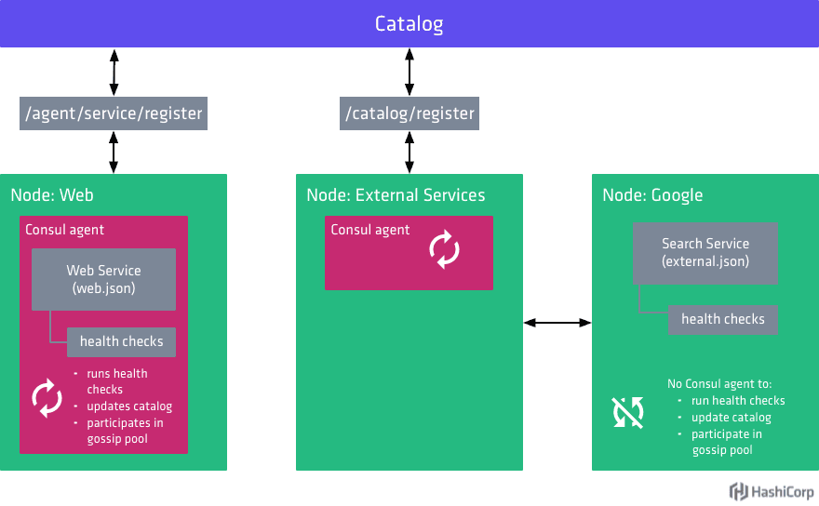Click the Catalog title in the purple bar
(x=409, y=23)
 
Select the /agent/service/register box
(x=114, y=113)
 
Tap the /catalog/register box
(x=409, y=113)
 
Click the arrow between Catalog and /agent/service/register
(x=114, y=72)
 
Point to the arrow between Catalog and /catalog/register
(x=409, y=72)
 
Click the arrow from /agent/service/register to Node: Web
(x=114, y=152)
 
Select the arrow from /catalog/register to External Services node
(x=409, y=152)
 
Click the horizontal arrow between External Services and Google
(x=557, y=323)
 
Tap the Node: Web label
(x=52, y=195)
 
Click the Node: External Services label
(x=396, y=195)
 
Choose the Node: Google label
(x=652, y=195)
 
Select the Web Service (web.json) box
(x=103, y=279)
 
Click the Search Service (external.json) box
(x=705, y=252)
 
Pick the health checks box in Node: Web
(x=121, y=341)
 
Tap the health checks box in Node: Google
(x=722, y=319)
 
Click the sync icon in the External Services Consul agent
(x=444, y=250)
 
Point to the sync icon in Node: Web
(x=47, y=398)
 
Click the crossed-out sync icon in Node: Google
(x=627, y=412)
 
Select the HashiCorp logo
(x=772, y=491)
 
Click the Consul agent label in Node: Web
(x=64, y=230)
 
